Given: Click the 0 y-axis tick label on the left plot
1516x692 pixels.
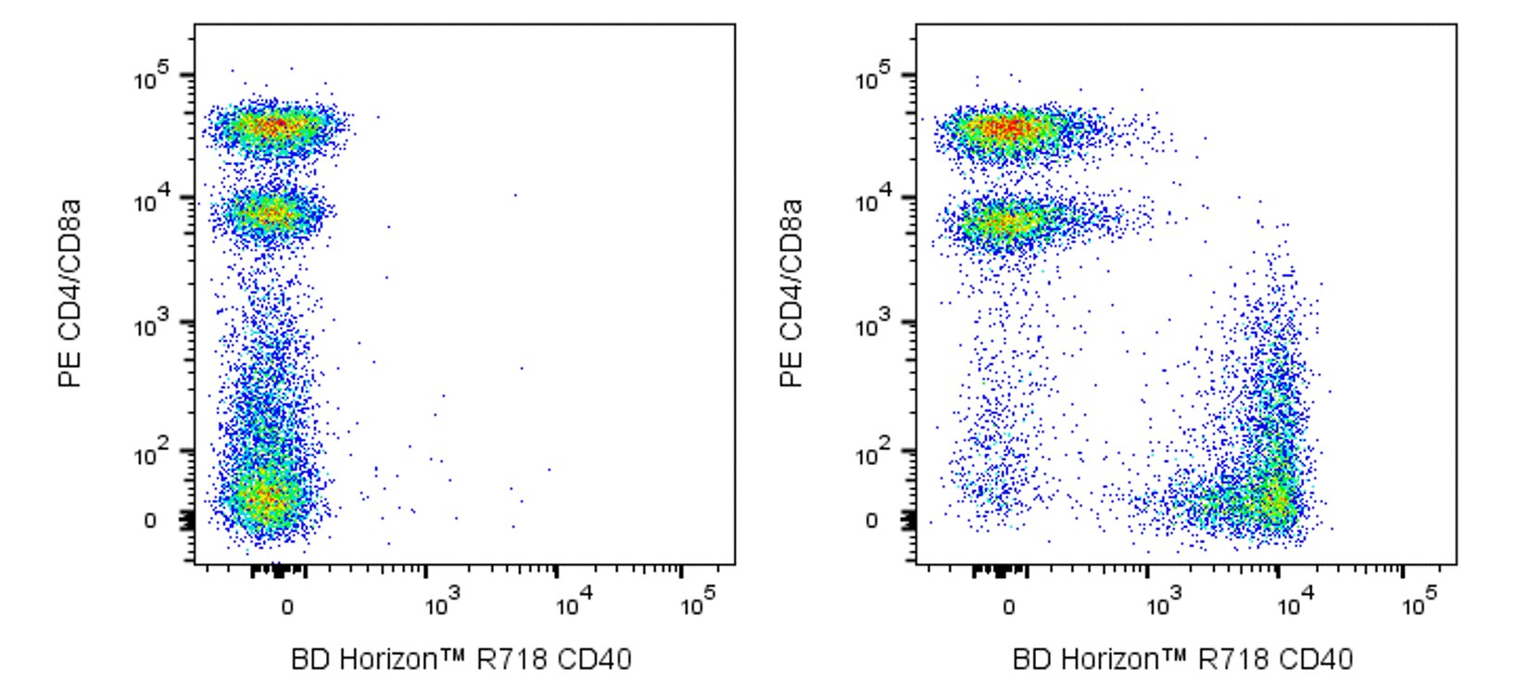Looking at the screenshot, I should (x=150, y=521).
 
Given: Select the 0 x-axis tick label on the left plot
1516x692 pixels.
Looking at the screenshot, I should (x=287, y=607).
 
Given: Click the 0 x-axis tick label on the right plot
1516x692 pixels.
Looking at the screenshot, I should (x=1009, y=607).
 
